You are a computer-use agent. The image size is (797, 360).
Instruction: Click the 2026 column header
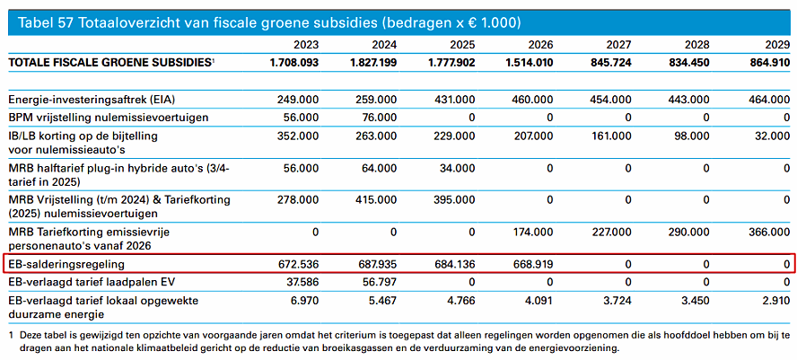[x=540, y=45]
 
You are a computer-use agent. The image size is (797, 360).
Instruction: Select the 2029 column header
[x=777, y=45]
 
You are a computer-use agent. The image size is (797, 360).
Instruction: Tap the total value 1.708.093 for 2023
[x=294, y=63]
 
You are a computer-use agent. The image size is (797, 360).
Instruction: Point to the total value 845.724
[x=611, y=63]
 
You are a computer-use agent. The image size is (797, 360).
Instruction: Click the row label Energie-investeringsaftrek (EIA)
[x=95, y=100]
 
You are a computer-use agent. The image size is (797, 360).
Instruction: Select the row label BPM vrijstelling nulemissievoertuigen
[x=109, y=118]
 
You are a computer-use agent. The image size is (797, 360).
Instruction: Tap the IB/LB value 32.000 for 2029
[x=771, y=136]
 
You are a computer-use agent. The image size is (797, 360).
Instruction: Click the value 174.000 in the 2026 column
[x=533, y=232]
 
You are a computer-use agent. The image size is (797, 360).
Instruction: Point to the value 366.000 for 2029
[x=770, y=232]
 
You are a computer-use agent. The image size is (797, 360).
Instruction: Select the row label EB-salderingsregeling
[x=66, y=265]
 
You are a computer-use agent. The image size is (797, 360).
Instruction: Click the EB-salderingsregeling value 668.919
[x=533, y=265]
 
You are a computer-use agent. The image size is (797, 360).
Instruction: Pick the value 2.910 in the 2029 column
[x=775, y=300]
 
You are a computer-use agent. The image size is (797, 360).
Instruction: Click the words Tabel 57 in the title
[x=44, y=22]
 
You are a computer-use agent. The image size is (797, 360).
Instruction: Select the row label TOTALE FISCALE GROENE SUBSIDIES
[x=110, y=63]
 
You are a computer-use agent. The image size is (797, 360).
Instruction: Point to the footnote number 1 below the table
[x=12, y=336]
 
